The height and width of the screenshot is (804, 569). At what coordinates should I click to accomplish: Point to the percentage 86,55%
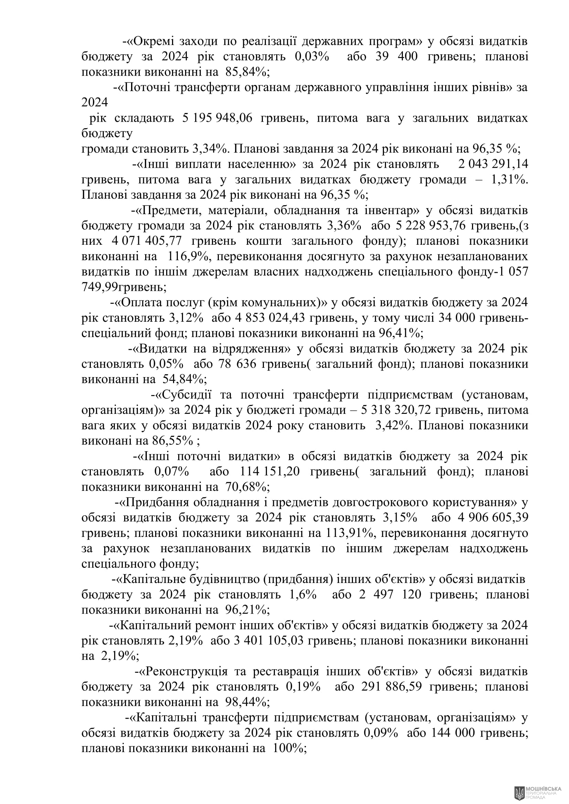point(173,441)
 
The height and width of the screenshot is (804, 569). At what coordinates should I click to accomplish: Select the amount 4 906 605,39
point(493,518)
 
